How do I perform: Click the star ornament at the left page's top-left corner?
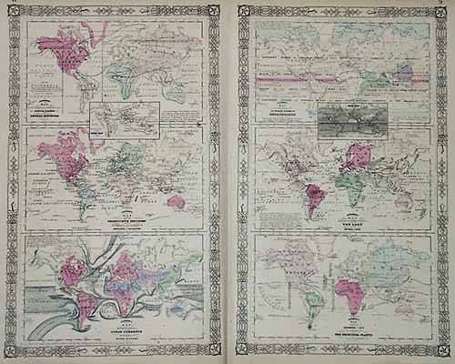(x=15, y=13)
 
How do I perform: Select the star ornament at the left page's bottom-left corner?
(x=15, y=350)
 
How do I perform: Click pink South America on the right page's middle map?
(x=318, y=197)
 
